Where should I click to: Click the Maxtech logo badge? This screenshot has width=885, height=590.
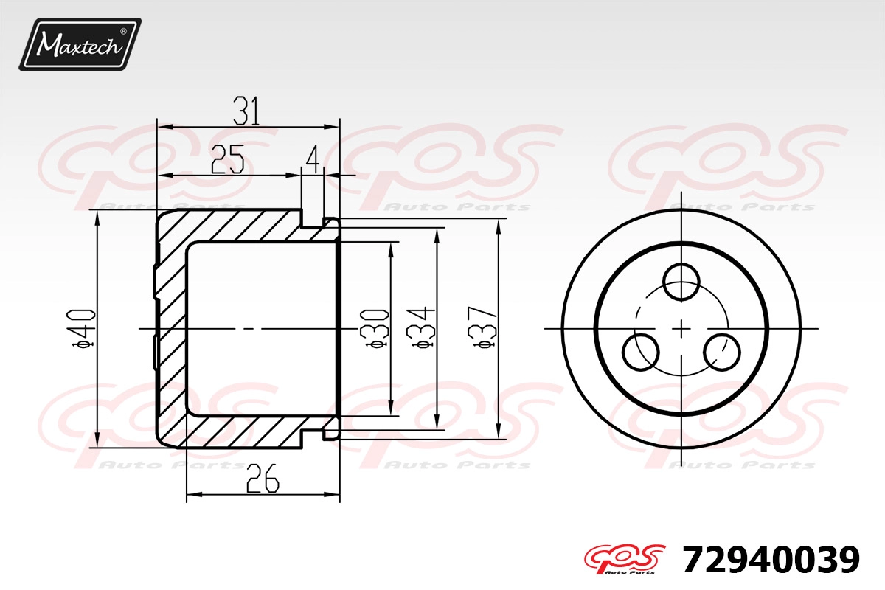tap(80, 44)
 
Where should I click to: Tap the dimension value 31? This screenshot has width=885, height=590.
tap(246, 111)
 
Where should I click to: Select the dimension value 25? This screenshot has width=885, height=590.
tap(228, 159)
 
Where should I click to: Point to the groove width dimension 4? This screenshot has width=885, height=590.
tap(313, 159)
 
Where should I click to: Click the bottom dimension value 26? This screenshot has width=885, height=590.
tap(263, 479)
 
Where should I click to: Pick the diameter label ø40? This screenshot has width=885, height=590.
tap(83, 329)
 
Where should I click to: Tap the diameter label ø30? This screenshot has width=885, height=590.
tap(375, 329)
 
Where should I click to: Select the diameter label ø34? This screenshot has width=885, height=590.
tap(420, 327)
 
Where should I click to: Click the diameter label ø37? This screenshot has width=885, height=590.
tap(482, 327)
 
